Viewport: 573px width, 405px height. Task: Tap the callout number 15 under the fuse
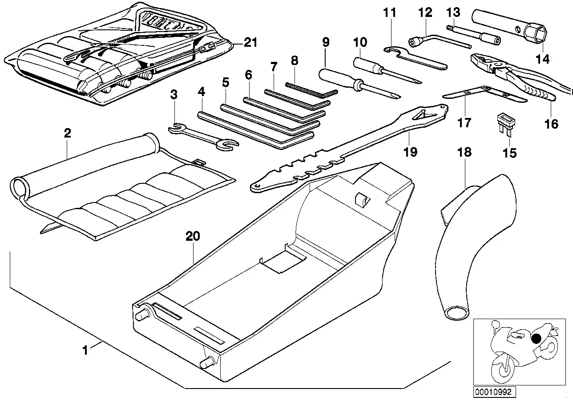pyautogui.click(x=509, y=153)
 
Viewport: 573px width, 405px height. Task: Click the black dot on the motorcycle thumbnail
pyautogui.click(x=536, y=340)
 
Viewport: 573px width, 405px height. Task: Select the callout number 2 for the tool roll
pyautogui.click(x=67, y=133)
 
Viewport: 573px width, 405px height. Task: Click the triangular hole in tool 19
pyautogui.click(x=420, y=116)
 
